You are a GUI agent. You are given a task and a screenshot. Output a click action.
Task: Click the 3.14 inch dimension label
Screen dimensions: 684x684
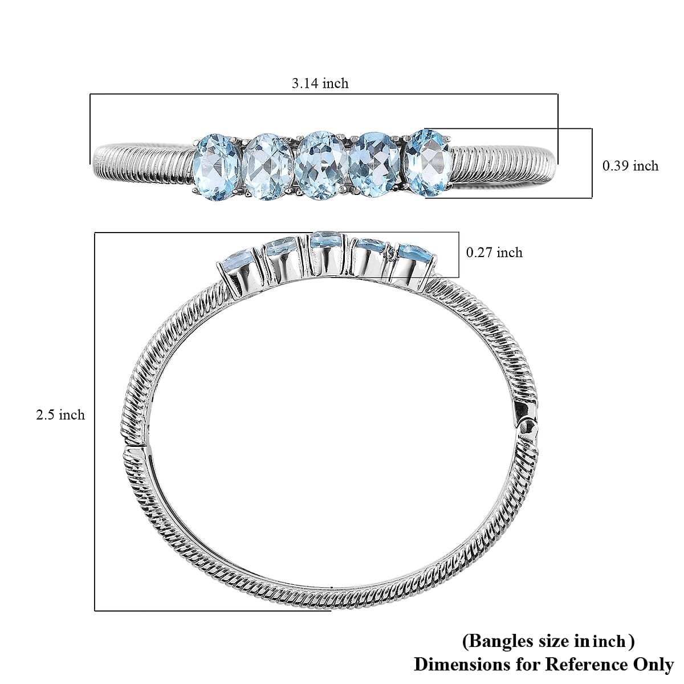(320, 83)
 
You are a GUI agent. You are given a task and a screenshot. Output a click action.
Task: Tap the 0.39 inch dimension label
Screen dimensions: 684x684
(630, 166)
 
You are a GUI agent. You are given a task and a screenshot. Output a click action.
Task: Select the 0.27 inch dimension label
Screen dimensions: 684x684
(494, 252)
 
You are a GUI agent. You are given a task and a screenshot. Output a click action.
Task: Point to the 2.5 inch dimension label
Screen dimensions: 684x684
(60, 414)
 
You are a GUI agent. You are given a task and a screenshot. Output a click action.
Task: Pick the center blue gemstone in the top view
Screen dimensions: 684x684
(320, 162)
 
